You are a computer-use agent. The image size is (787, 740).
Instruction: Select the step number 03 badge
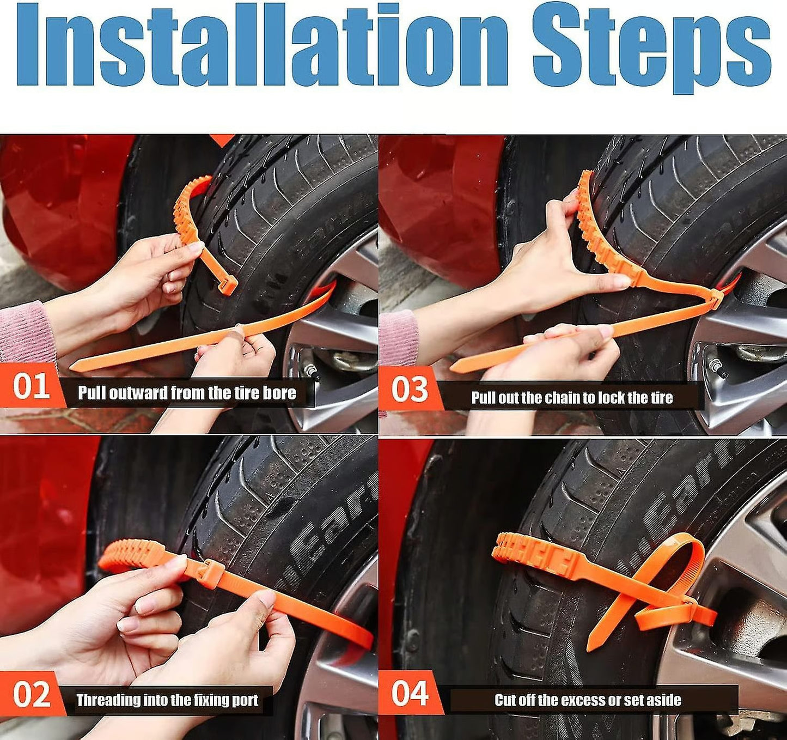click(x=410, y=390)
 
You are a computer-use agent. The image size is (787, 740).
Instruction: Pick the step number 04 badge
click(x=410, y=693)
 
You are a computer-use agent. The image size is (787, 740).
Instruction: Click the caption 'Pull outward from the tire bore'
click(x=187, y=393)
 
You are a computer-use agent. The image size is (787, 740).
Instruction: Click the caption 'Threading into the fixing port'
click(x=167, y=700)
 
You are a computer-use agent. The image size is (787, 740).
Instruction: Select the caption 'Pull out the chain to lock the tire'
click(x=572, y=398)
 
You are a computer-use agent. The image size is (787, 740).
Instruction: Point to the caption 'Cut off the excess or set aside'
click(x=588, y=700)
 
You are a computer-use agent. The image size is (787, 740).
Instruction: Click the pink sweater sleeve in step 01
click(x=25, y=332)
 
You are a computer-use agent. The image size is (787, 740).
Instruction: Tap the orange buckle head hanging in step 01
click(x=228, y=285)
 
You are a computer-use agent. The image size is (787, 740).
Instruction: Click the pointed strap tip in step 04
click(x=590, y=647)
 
